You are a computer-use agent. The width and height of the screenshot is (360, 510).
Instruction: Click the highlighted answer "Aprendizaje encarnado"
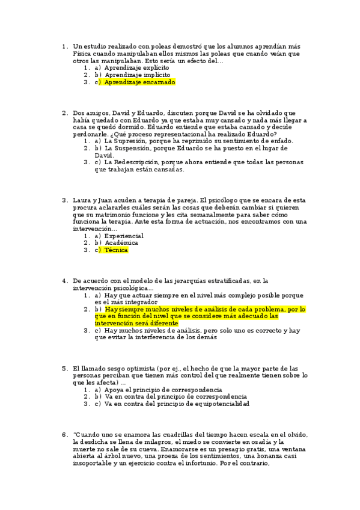coord(139,82)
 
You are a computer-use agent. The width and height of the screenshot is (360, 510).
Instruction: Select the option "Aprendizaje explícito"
coord(136,68)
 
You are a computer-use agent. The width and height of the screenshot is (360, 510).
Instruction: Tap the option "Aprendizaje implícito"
coord(136,75)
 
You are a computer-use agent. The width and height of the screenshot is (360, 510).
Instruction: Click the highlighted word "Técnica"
coord(117,250)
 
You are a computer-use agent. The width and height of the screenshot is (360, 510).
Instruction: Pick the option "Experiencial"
coord(124,236)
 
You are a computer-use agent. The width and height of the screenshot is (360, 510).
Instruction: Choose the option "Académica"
coord(121,243)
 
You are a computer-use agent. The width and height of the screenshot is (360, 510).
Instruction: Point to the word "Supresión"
coord(127,141)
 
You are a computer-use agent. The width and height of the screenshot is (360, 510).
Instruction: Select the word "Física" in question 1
coord(82,54)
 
